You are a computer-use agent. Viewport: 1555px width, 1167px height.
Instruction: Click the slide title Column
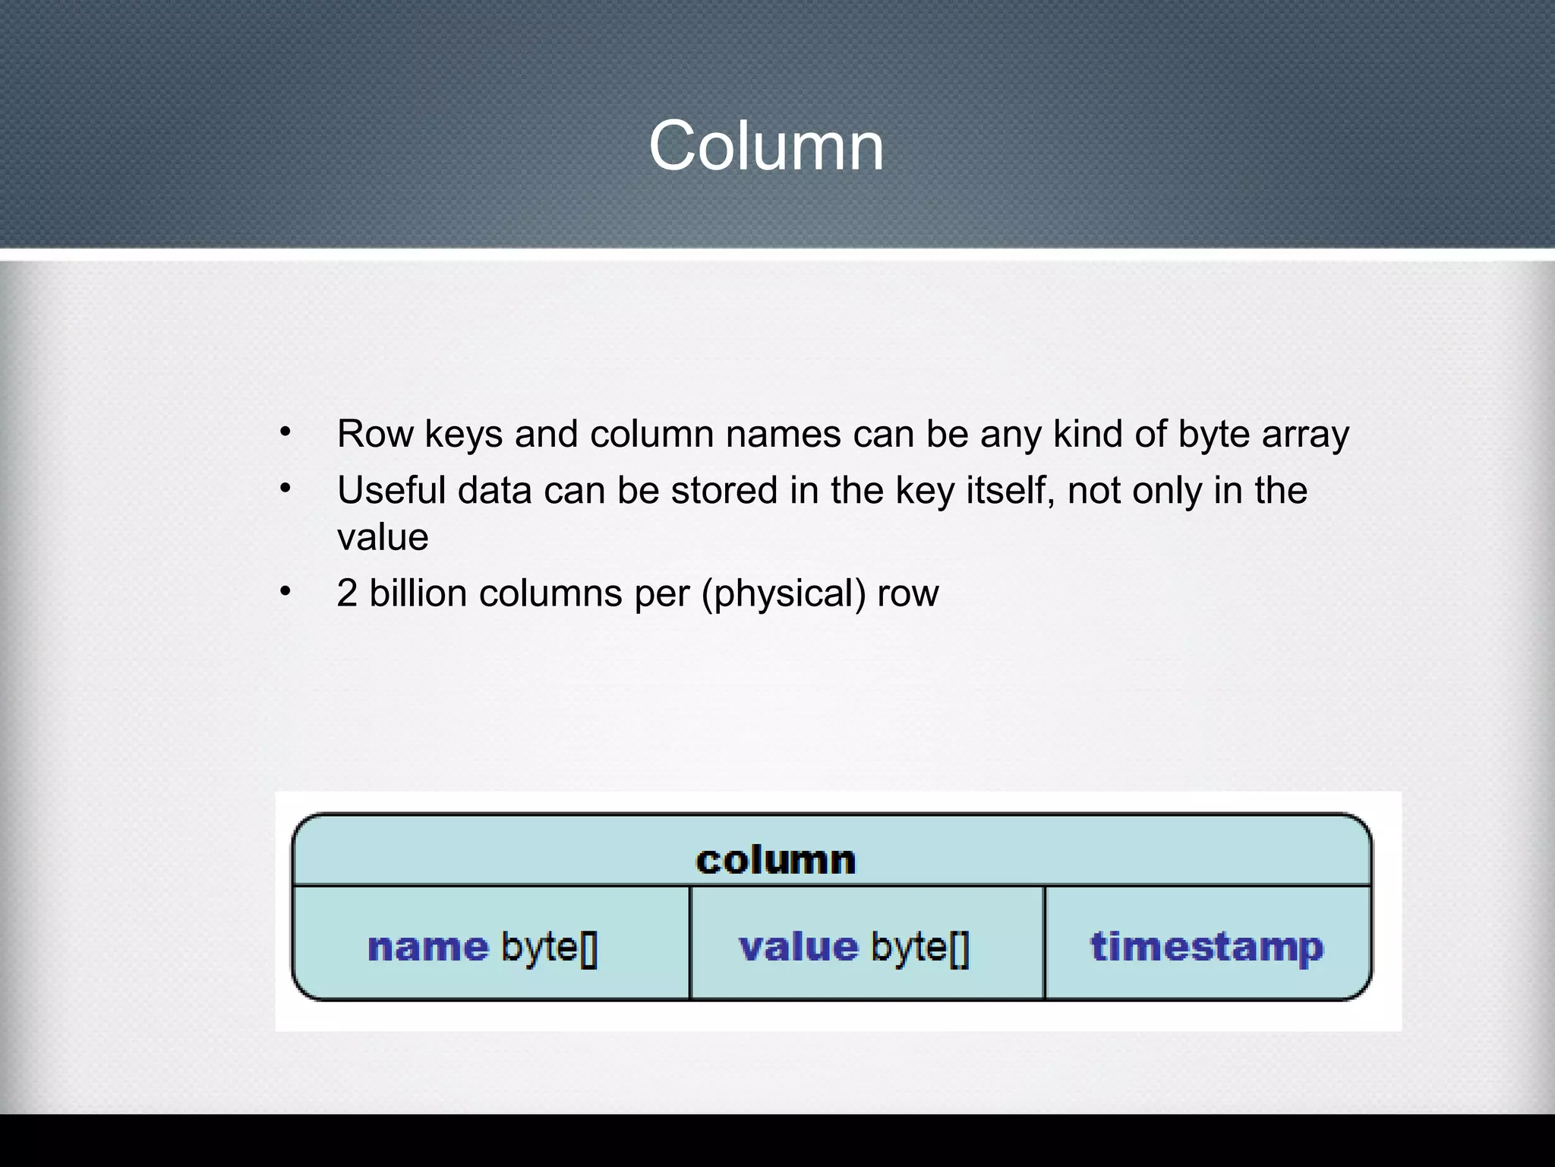[x=766, y=146]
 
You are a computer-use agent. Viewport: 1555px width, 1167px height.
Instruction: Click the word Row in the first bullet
[x=375, y=434]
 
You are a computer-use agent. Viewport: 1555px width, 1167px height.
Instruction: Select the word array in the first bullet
[x=1305, y=434]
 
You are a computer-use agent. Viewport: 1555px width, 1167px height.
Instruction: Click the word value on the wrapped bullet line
[x=383, y=537]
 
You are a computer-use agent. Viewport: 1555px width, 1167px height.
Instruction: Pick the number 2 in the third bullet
[x=347, y=593]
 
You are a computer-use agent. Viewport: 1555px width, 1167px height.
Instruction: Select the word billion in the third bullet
[x=418, y=593]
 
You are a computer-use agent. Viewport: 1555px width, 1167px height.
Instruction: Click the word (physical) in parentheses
[x=784, y=593]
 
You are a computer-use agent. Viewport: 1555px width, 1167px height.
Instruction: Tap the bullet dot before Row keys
[x=285, y=432]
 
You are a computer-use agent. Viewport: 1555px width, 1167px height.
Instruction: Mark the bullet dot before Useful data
[x=285, y=489]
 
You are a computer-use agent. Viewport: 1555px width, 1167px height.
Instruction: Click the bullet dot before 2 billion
[x=285, y=591]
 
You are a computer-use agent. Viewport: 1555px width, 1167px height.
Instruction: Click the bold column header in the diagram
[x=776, y=860]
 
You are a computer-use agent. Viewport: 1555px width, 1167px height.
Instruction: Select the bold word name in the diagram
[x=427, y=947]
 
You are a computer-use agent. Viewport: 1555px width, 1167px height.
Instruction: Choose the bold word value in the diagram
[x=798, y=947]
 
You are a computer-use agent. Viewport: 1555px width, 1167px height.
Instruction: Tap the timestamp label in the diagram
[x=1207, y=947]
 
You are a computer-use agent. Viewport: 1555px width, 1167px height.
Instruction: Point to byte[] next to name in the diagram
[x=550, y=947]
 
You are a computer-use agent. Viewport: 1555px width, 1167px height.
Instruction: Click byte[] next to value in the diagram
[x=920, y=947]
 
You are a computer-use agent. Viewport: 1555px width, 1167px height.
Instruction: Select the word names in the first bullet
[x=783, y=434]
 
